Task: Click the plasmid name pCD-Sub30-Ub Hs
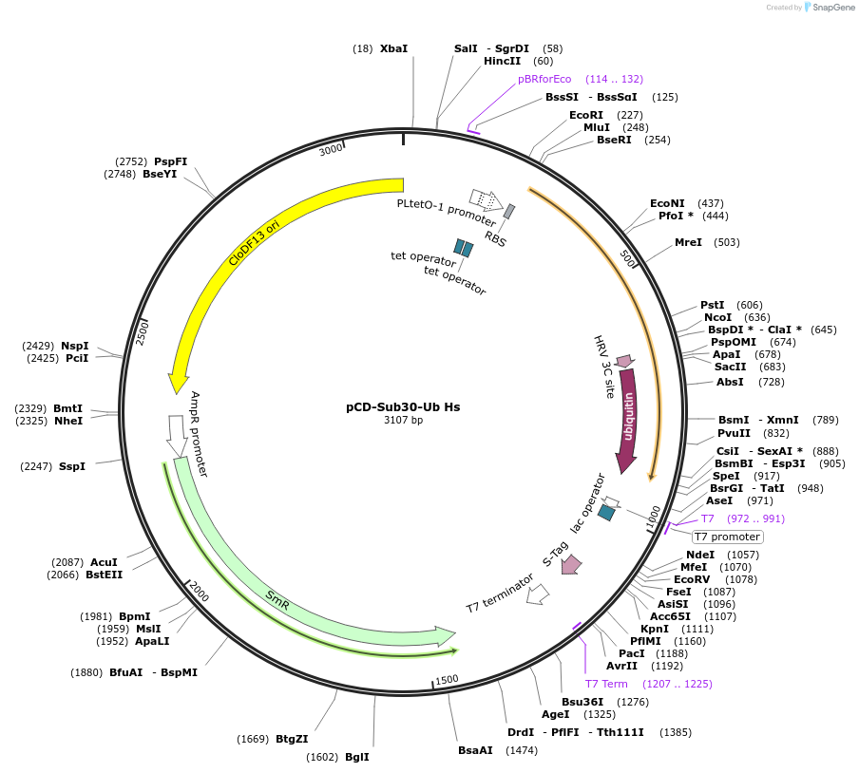(403, 406)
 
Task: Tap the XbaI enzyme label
(393, 48)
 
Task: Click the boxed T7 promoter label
(727, 537)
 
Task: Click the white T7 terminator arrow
(538, 594)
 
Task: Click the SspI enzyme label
(72, 466)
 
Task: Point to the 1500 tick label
(447, 680)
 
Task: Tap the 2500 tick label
(142, 332)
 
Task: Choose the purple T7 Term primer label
(605, 684)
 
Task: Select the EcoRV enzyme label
(692, 579)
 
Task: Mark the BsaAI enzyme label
(475, 750)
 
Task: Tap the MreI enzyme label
(688, 242)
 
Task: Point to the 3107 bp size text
(403, 420)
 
